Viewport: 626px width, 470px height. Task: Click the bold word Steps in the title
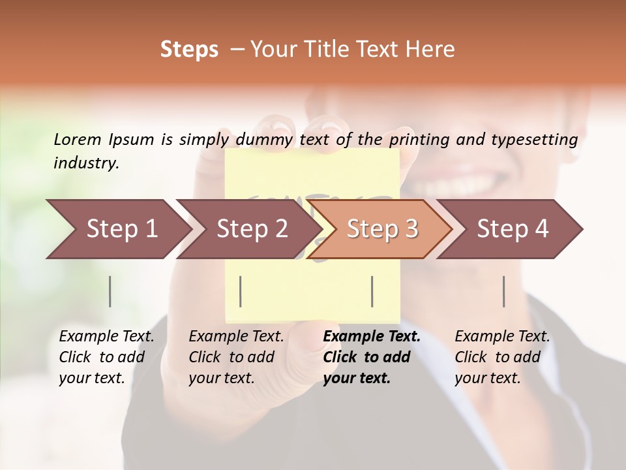(189, 50)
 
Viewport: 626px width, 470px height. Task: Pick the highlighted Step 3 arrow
(381, 229)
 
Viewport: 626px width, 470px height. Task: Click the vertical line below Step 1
(110, 291)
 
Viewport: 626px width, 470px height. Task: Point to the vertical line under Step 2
(241, 291)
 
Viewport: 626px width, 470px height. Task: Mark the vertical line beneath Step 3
(372, 291)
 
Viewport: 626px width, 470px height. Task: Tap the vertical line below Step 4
(504, 291)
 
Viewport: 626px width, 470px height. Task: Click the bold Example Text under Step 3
(372, 357)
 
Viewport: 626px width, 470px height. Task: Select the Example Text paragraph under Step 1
(106, 357)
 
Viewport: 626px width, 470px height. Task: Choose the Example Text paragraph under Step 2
(236, 357)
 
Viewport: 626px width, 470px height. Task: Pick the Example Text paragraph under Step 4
(502, 357)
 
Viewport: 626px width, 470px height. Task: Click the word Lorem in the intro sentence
(78, 140)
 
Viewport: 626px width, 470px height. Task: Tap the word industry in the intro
(85, 163)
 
